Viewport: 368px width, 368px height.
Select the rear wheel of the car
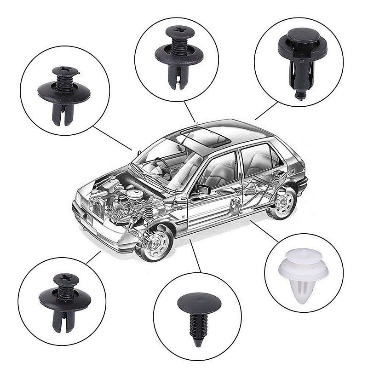pos(282,203)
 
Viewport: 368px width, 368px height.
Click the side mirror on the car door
pos(203,189)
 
